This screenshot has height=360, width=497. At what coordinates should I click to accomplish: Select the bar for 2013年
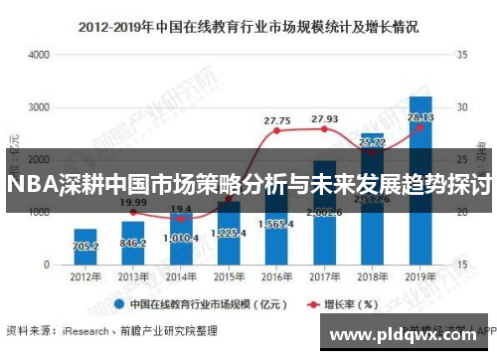pyautogui.click(x=133, y=243)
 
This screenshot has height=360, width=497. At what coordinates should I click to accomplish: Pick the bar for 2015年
pyautogui.click(x=229, y=239)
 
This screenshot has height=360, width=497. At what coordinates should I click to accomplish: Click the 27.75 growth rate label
pyautogui.click(x=277, y=120)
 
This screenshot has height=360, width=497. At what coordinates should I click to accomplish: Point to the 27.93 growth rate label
pyautogui.click(x=325, y=118)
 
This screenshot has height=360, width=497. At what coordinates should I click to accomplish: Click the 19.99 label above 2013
pyautogui.click(x=133, y=202)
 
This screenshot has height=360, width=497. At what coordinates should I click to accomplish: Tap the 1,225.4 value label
pyautogui.click(x=230, y=233)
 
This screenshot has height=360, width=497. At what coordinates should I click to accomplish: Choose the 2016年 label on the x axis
pyautogui.click(x=276, y=277)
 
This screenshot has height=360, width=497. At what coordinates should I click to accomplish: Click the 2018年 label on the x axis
pyautogui.click(x=372, y=277)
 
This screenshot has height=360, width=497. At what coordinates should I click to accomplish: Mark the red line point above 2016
pyautogui.click(x=277, y=131)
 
